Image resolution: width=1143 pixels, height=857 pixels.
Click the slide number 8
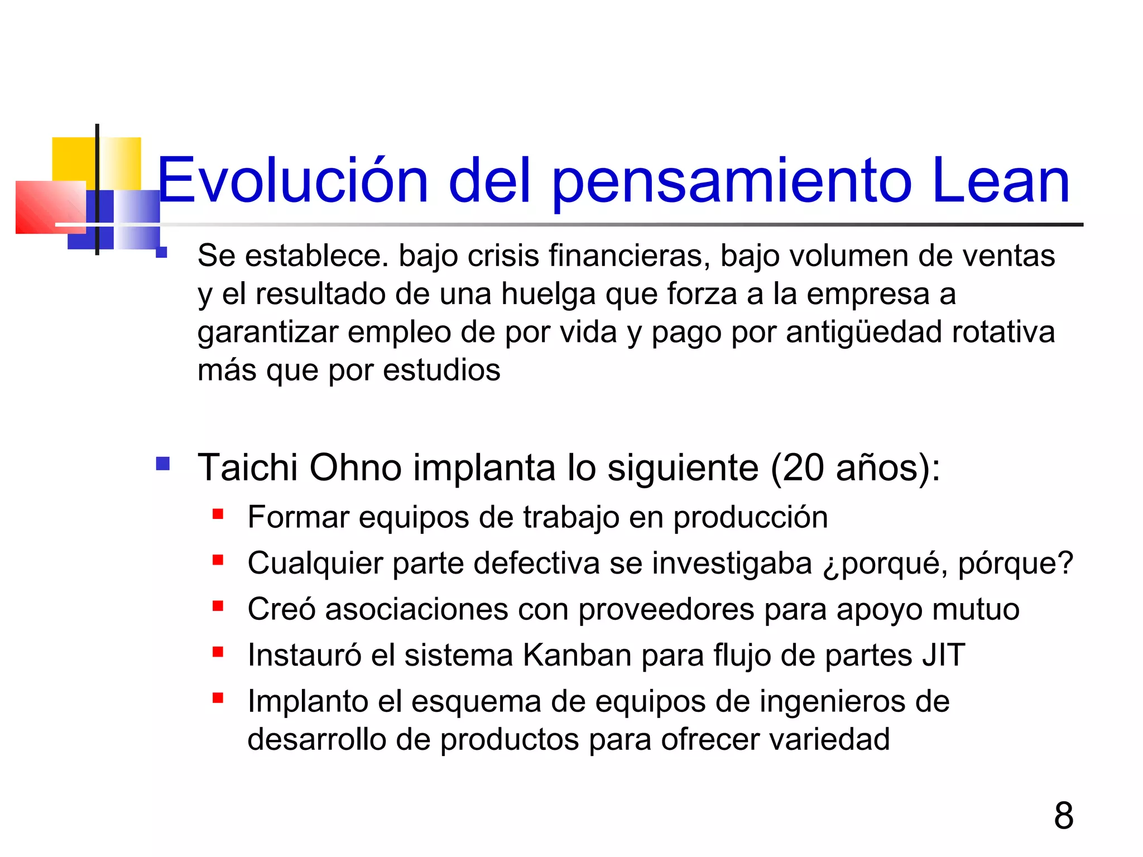pyautogui.click(x=1063, y=815)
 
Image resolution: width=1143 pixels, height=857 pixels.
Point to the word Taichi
pyautogui.click(x=248, y=467)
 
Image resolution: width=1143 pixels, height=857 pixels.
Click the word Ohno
pyautogui.click(x=356, y=467)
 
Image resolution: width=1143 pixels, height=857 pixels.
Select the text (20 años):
pyautogui.click(x=855, y=467)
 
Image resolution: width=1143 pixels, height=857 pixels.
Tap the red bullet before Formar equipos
pyautogui.click(x=218, y=514)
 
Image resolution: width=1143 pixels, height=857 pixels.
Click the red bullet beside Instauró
pyautogui.click(x=218, y=652)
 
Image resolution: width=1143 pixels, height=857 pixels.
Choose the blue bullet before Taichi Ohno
pyautogui.click(x=163, y=464)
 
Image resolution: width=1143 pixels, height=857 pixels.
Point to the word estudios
pyautogui.click(x=441, y=370)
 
